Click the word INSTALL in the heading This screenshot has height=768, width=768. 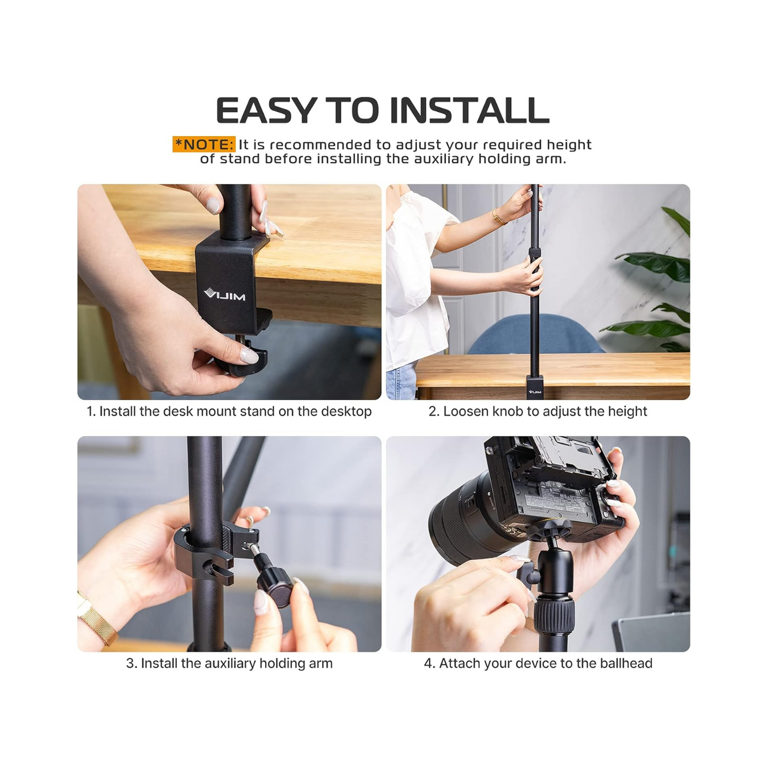click(469, 111)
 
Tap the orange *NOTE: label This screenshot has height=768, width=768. click(204, 145)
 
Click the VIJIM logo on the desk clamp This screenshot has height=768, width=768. click(225, 294)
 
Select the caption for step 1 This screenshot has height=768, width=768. click(229, 411)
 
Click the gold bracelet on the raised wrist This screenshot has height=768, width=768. click(499, 216)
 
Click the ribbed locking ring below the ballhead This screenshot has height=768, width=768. click(554, 614)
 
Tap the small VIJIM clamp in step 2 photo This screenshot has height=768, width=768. click(535, 387)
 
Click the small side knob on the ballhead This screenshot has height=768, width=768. click(525, 573)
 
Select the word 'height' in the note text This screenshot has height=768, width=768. click(569, 145)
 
